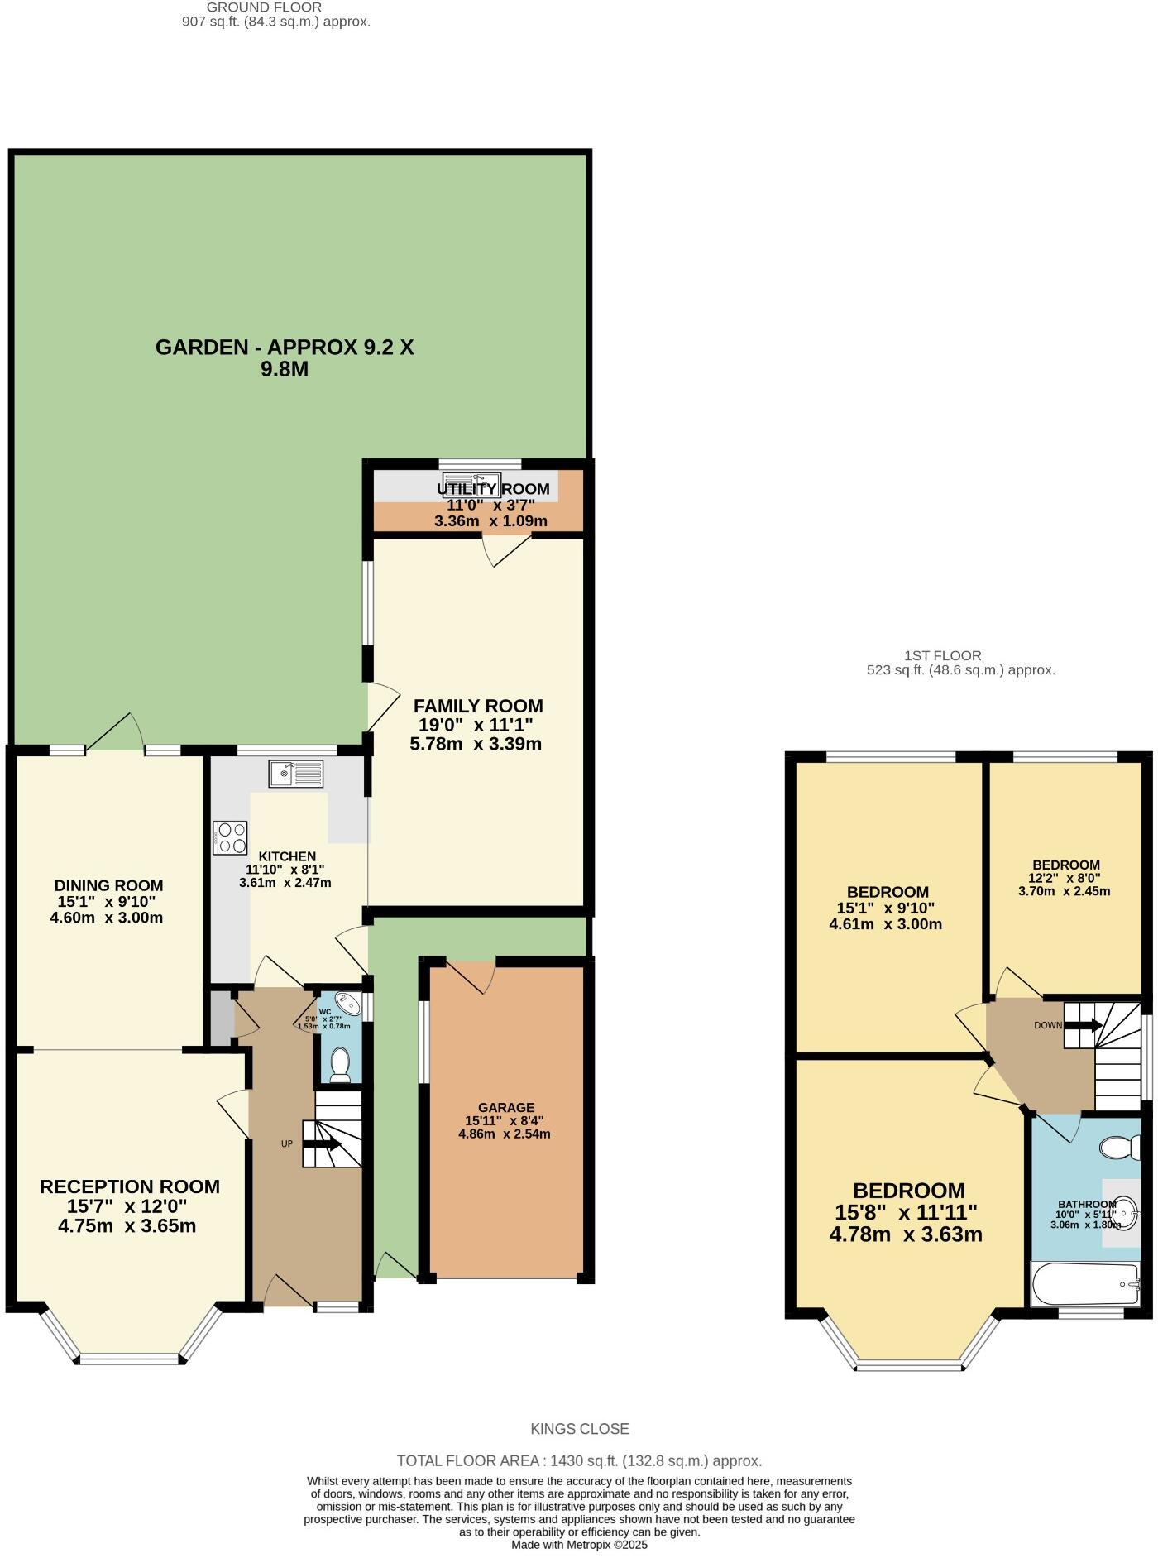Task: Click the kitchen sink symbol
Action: tap(295, 774)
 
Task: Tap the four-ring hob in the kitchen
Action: tap(230, 837)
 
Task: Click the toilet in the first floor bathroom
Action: tap(1121, 1148)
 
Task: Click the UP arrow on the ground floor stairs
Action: tap(323, 1144)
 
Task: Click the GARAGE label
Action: tap(506, 1107)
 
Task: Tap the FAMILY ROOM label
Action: tap(478, 706)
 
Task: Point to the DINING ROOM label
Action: tap(108, 885)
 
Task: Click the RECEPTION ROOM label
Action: tap(130, 1186)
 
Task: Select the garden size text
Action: tap(285, 357)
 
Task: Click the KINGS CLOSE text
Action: tap(579, 1429)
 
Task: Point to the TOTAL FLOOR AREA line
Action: tap(579, 1461)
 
